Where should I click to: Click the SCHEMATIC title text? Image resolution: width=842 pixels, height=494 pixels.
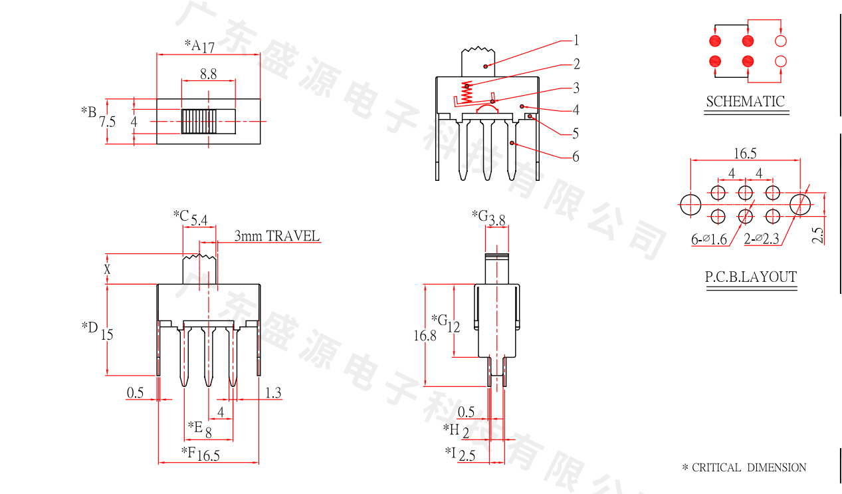[745, 102]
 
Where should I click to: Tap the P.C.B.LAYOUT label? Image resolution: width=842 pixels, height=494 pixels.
[750, 277]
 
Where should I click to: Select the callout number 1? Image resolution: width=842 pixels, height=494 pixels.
[576, 40]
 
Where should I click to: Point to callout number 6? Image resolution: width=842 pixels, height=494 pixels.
[576, 156]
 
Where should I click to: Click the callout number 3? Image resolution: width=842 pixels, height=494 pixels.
[576, 88]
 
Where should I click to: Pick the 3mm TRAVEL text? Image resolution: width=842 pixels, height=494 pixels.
[276, 236]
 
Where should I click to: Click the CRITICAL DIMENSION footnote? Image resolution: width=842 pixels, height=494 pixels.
[744, 467]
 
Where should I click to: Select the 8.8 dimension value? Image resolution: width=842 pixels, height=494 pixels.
[208, 74]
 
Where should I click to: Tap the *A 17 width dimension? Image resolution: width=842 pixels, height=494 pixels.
[199, 46]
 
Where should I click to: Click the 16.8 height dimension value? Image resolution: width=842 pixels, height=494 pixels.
[425, 336]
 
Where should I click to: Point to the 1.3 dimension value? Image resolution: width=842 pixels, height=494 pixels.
[273, 393]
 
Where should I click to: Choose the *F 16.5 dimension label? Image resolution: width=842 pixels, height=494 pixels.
[201, 454]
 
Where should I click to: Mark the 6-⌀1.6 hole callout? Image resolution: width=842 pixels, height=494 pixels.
[709, 239]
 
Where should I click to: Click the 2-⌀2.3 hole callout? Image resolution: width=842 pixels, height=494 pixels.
[761, 239]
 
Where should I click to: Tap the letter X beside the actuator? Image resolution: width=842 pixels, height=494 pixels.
[106, 269]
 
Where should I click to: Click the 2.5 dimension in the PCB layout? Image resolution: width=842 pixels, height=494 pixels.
[818, 235]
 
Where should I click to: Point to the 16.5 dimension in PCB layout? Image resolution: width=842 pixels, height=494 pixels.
[744, 154]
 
